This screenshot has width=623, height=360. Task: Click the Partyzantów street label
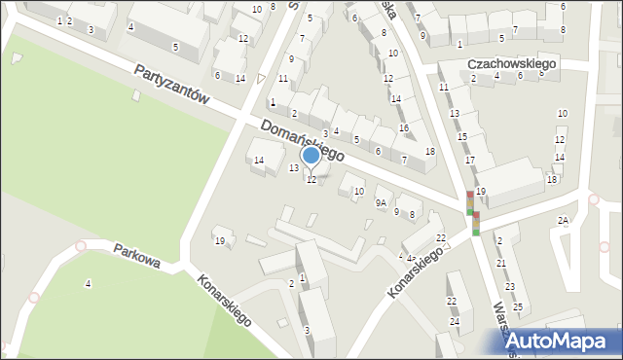(x=172, y=85)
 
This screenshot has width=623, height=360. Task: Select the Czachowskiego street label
(x=511, y=63)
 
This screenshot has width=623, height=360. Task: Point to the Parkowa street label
(x=134, y=250)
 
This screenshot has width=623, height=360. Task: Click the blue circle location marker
(x=311, y=155)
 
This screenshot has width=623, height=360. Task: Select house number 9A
(x=383, y=203)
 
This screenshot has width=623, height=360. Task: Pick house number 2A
(x=563, y=221)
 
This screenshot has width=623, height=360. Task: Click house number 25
(x=517, y=307)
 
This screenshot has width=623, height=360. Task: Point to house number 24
(x=454, y=321)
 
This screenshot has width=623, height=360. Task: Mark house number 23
(x=509, y=286)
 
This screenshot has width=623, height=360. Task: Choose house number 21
(x=501, y=263)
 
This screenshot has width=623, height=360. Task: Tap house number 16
(x=403, y=128)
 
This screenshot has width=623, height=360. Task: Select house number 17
(x=469, y=160)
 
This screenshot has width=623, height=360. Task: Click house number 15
(x=462, y=136)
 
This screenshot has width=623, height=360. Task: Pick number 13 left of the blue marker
(x=294, y=168)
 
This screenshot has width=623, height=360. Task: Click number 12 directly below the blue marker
(x=311, y=180)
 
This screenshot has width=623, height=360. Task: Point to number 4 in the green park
(x=89, y=283)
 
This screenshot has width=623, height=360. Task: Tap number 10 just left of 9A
(x=358, y=192)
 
